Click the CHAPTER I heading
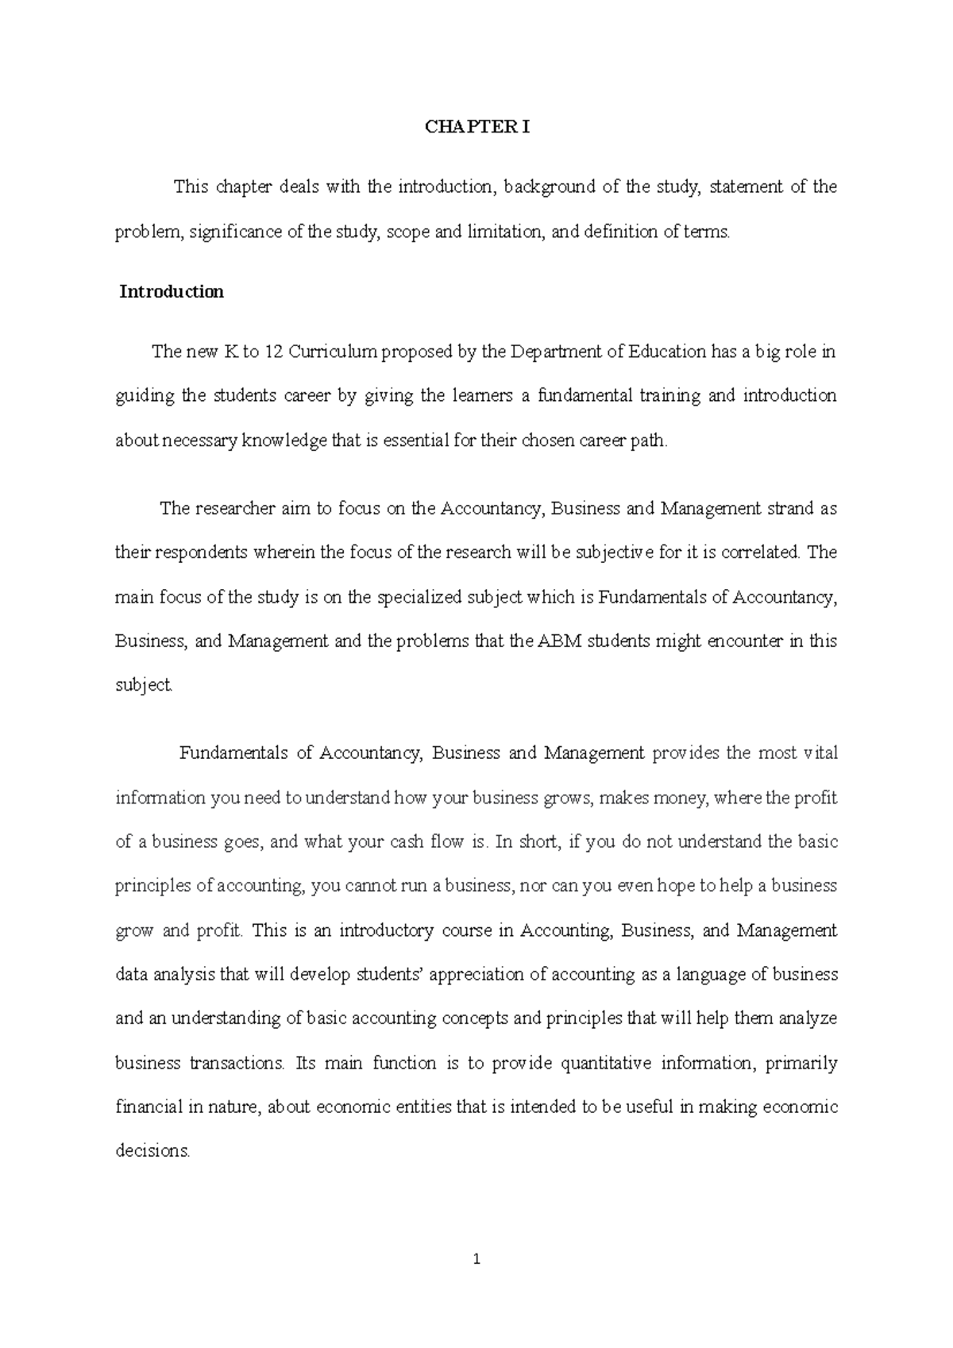click(x=476, y=127)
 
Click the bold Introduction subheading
click(x=172, y=292)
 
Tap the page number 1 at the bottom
click(x=476, y=1259)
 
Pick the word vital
click(x=820, y=753)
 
